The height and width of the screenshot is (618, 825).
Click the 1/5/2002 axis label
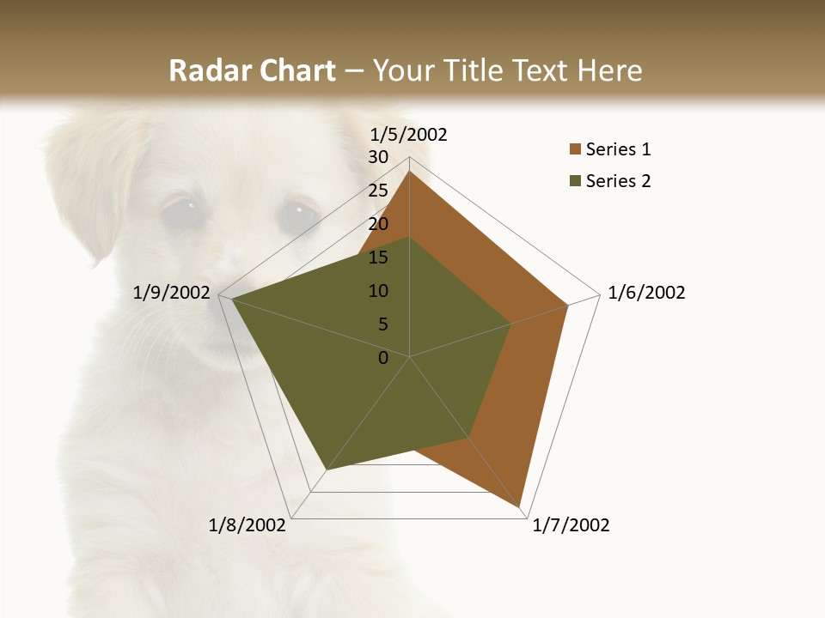(x=408, y=134)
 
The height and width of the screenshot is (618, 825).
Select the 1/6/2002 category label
(x=646, y=293)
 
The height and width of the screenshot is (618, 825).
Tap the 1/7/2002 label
(x=571, y=525)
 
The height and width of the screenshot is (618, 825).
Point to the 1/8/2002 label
(x=247, y=525)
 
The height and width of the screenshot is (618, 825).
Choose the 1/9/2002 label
(x=172, y=293)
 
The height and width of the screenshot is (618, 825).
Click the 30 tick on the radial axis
(x=378, y=157)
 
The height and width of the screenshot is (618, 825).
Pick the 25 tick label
(x=378, y=191)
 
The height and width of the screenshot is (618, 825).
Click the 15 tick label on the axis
(x=378, y=257)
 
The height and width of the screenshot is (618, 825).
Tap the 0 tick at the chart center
(x=383, y=358)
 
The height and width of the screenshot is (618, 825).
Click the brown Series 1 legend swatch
(x=575, y=149)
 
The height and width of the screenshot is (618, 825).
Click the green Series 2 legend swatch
(x=575, y=181)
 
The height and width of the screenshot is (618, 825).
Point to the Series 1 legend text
(x=618, y=149)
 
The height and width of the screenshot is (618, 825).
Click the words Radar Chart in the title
(x=252, y=70)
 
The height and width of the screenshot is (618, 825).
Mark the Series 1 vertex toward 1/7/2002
(x=520, y=506)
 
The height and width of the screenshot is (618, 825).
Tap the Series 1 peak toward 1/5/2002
(x=409, y=172)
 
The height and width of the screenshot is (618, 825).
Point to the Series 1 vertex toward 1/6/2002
(x=568, y=305)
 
